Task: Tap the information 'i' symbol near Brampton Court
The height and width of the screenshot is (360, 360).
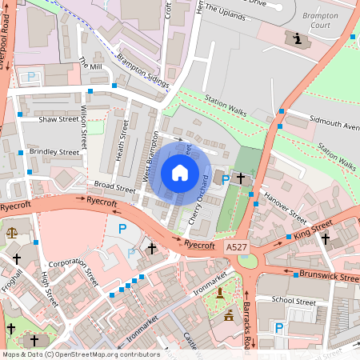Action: coord(298,38)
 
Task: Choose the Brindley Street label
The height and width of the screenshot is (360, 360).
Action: coord(54,151)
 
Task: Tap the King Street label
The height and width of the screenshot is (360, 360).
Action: coord(311,233)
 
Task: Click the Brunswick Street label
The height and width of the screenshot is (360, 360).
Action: coord(329,277)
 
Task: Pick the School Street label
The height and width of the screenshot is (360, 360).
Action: coord(294,301)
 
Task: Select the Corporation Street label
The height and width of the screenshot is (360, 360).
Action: coord(72,271)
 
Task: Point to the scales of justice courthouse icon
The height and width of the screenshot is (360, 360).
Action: coord(11,232)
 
